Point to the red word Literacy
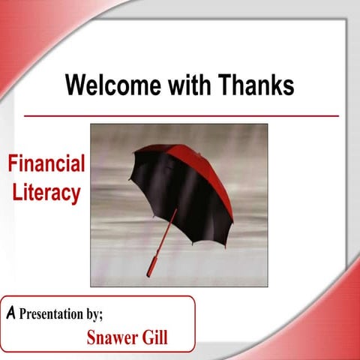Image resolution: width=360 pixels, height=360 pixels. [x=46, y=192]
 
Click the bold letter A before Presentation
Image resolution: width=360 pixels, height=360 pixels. [x=10, y=313]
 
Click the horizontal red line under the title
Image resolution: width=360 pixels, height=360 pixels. [x=181, y=116]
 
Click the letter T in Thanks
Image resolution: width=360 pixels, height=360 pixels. [x=225, y=85]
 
